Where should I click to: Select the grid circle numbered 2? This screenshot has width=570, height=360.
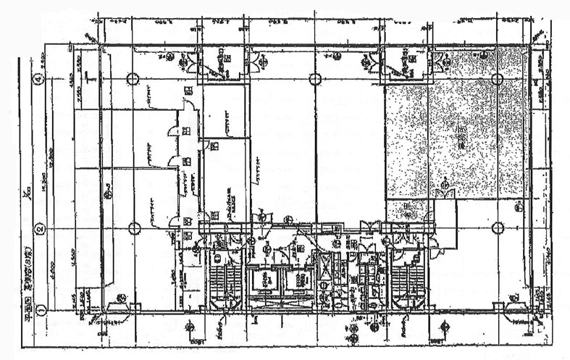click(41, 227)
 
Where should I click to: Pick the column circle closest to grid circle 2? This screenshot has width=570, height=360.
click(134, 228)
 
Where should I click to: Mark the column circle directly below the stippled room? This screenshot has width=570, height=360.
click(498, 228)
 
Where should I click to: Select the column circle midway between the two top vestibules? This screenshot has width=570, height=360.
click(314, 79)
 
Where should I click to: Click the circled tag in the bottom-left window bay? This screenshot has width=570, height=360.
click(122, 298)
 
